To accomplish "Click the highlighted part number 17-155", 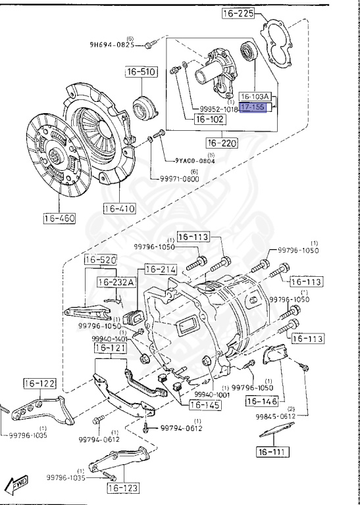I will (x=253, y=107).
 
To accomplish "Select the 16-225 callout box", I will (x=240, y=13).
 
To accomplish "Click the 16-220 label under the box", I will (x=222, y=143).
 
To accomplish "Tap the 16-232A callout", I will (x=116, y=283).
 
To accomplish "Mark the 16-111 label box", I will (x=272, y=452).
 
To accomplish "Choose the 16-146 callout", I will (x=263, y=400).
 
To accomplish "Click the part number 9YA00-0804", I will (x=194, y=160).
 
